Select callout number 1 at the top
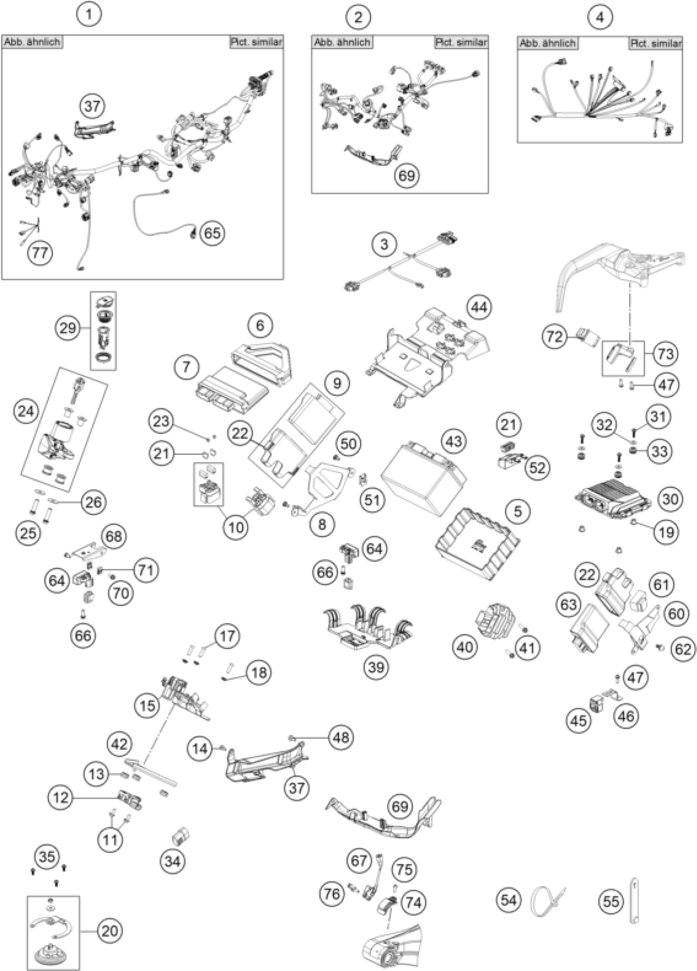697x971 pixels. pyautogui.click(x=89, y=14)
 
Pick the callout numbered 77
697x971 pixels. pyautogui.click(x=40, y=253)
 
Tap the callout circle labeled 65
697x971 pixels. pyautogui.click(x=212, y=233)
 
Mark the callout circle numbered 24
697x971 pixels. pyautogui.click(x=26, y=411)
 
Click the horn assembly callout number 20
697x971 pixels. pyautogui.click(x=109, y=930)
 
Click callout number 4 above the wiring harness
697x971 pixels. pyautogui.click(x=600, y=18)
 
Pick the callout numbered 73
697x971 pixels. pyautogui.click(x=666, y=353)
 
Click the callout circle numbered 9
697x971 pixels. pyautogui.click(x=337, y=383)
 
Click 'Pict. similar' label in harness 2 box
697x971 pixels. pyautogui.click(x=461, y=42)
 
